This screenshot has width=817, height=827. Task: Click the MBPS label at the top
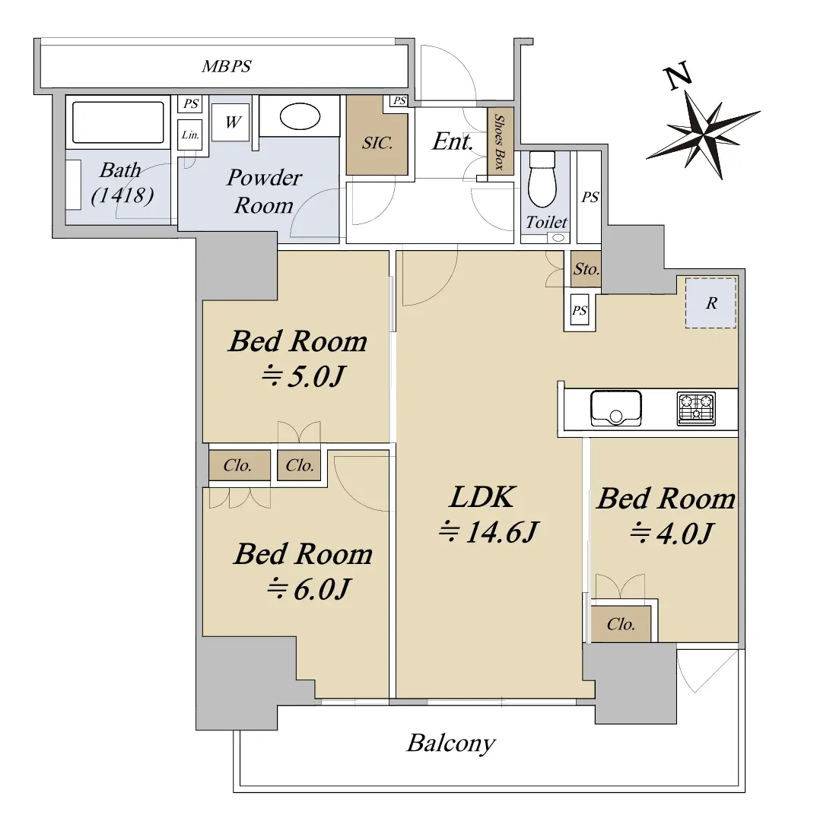click(x=227, y=66)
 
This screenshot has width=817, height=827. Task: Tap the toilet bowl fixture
click(x=542, y=180)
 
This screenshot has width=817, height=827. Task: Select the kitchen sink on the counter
click(x=616, y=407)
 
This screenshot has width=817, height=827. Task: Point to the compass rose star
click(x=704, y=135)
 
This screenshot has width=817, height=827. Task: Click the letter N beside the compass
click(x=679, y=75)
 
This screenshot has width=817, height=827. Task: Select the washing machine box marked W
click(x=230, y=122)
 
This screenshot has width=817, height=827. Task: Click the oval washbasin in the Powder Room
click(x=300, y=116)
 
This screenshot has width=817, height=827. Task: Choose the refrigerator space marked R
click(x=711, y=303)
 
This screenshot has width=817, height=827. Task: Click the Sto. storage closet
click(x=586, y=269)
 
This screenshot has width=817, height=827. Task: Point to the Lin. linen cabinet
click(x=190, y=135)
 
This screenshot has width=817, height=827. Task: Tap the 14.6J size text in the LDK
click(x=488, y=531)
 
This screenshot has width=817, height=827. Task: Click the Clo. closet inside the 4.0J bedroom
click(x=621, y=624)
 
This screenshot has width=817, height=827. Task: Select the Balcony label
click(x=451, y=743)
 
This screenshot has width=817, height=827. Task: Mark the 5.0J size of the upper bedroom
click(x=304, y=376)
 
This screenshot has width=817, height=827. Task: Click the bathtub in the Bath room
click(x=118, y=122)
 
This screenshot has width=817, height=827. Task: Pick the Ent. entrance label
click(x=453, y=141)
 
